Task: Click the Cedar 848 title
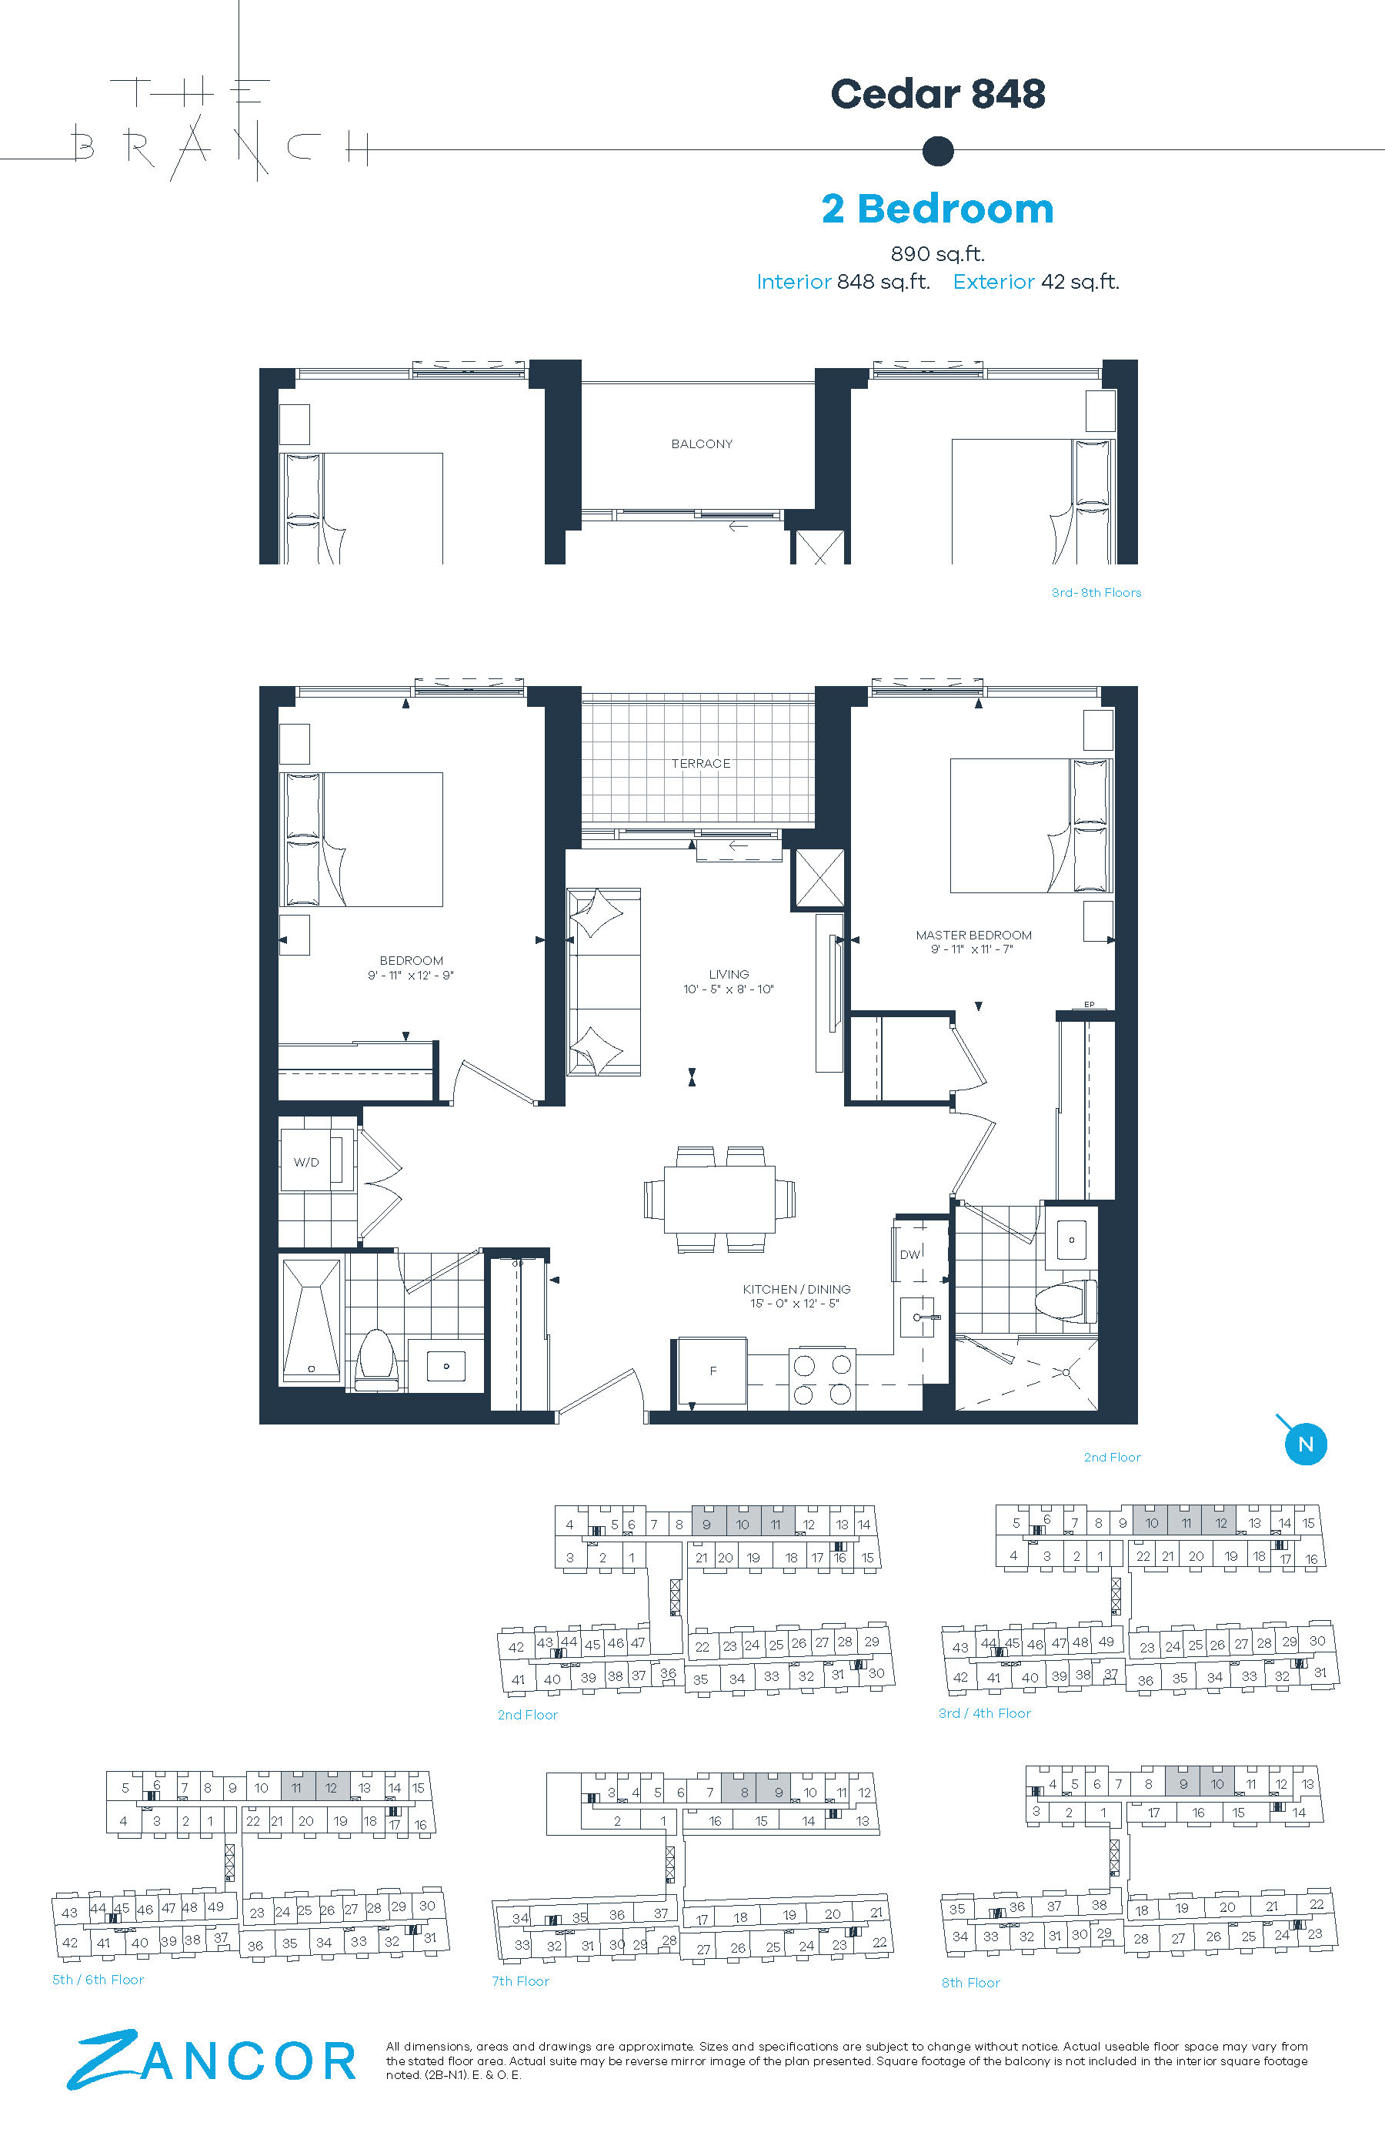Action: [937, 94]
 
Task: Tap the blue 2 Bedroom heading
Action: [937, 209]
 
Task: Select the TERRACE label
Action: [701, 763]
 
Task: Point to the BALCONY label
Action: [702, 444]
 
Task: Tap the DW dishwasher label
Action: [910, 1254]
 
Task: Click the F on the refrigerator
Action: [713, 1371]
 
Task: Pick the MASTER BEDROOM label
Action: [973, 935]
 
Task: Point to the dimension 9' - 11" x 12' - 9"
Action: [410, 976]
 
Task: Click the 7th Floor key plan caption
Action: [520, 1980]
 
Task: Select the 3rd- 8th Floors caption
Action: [1096, 592]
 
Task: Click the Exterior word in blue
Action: [993, 282]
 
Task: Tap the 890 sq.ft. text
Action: [937, 254]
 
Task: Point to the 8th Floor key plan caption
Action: [970, 1982]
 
